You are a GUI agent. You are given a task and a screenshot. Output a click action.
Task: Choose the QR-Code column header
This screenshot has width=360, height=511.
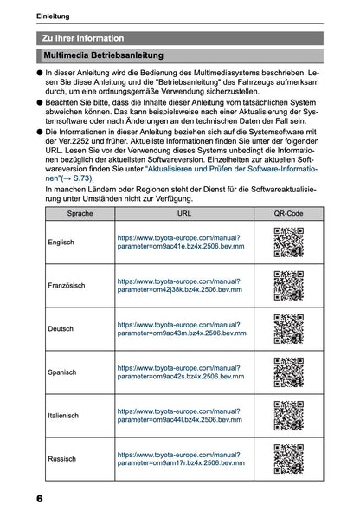click(x=288, y=212)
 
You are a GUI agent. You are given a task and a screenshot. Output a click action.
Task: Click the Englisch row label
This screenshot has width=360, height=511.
click(x=62, y=243)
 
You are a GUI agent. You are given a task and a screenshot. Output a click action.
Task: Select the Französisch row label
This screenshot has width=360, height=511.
click(x=67, y=286)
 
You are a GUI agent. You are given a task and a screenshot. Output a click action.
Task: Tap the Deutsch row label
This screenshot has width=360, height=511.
click(x=61, y=329)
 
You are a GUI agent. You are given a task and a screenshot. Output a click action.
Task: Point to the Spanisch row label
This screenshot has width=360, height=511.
click(x=63, y=372)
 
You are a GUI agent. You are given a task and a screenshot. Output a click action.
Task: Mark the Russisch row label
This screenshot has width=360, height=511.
click(x=62, y=459)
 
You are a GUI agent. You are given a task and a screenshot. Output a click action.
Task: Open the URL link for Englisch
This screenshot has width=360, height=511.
click(x=179, y=242)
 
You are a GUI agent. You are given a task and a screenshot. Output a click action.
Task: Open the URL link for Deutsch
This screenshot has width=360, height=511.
click(x=179, y=328)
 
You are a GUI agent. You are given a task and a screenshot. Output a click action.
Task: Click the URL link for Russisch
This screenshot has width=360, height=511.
click(x=179, y=458)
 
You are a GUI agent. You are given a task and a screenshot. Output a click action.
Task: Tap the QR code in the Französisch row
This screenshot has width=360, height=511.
click(x=288, y=286)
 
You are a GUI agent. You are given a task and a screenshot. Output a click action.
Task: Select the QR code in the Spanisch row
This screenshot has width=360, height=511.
click(x=288, y=372)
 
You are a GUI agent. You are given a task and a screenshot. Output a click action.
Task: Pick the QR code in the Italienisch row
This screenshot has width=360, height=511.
click(x=288, y=416)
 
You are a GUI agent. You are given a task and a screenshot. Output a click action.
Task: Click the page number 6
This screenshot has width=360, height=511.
click(x=41, y=500)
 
